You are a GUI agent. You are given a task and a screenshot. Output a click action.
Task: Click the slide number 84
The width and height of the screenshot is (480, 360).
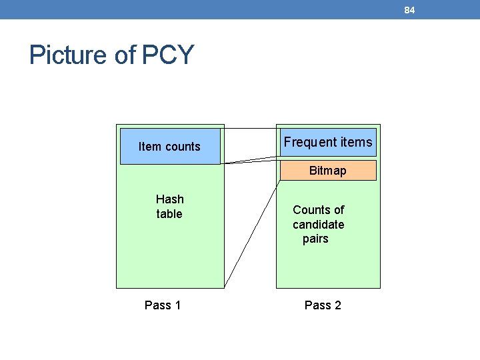[409, 10]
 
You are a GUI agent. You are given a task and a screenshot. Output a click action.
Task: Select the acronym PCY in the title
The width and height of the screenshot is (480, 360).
[167, 55]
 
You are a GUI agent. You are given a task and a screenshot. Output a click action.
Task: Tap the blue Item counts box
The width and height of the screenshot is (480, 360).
[169, 147]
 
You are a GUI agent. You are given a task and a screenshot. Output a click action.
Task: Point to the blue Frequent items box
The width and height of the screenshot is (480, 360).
[327, 142]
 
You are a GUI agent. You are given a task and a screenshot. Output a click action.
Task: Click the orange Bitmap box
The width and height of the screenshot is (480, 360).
[327, 171]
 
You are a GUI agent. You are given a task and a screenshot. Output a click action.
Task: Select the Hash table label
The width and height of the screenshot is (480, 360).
[169, 207]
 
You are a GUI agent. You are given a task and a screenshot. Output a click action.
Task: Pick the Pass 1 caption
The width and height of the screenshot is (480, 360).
[163, 305]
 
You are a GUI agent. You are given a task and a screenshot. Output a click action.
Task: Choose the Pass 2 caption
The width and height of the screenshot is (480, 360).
[323, 305]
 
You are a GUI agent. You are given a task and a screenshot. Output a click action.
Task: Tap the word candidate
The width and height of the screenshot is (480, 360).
[319, 225]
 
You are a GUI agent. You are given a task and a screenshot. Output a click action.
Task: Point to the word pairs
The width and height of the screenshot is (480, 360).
[315, 239]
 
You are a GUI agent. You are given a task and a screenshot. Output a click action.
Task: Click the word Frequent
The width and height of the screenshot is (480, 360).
[310, 142]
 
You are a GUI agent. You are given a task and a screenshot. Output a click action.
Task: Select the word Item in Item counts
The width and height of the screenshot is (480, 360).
[150, 147]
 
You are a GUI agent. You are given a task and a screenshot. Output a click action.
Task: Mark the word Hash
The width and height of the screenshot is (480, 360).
[169, 199]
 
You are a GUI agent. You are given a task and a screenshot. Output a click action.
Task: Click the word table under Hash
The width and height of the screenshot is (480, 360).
[169, 214]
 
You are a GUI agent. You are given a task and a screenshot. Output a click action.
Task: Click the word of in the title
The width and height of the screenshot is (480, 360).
[125, 55]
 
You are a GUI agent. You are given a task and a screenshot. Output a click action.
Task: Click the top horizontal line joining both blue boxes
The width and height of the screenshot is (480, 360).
[250, 127]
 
